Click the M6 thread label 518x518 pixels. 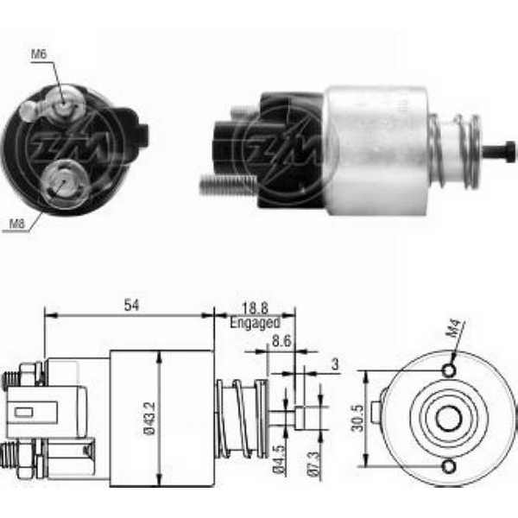[39, 54]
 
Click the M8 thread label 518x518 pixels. [17, 224]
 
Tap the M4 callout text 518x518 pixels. [455, 328]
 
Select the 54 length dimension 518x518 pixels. [131, 305]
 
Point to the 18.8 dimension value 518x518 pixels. [255, 308]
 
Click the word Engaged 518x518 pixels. [255, 323]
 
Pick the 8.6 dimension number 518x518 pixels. [281, 341]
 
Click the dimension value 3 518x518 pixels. [335, 364]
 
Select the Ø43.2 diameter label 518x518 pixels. [150, 418]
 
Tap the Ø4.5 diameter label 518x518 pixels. [279, 460]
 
